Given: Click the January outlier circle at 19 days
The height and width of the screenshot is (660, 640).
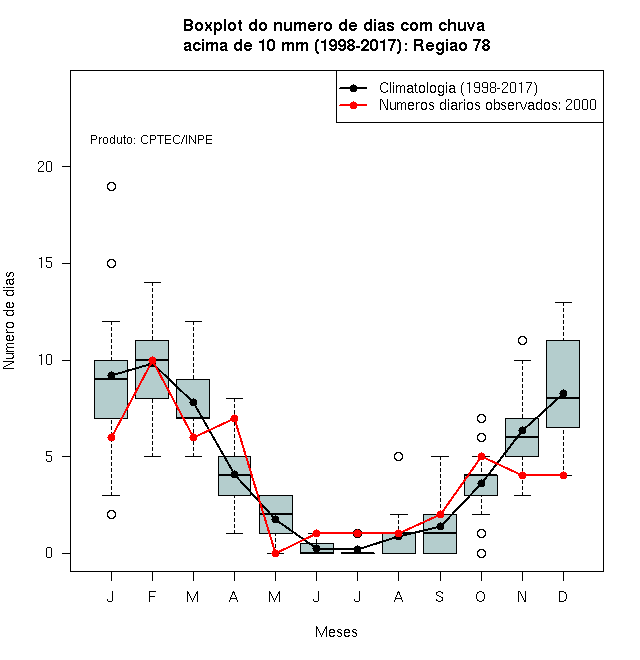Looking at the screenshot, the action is click(111, 186).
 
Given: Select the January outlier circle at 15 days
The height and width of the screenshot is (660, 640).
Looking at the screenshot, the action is click(111, 263).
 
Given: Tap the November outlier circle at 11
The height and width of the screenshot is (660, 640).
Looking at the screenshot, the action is click(522, 341).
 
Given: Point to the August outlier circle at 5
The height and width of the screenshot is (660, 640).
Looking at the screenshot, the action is click(398, 456).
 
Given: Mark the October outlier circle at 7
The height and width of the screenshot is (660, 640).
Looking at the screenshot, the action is click(481, 418).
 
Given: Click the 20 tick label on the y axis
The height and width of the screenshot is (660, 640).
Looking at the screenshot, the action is click(45, 167).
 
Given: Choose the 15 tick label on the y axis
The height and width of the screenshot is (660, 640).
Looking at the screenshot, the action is click(45, 263).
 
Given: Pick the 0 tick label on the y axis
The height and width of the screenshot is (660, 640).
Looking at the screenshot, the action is click(49, 553).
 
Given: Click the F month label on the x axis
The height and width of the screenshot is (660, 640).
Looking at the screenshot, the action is click(152, 596).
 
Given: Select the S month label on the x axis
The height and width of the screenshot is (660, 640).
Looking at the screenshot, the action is click(440, 596).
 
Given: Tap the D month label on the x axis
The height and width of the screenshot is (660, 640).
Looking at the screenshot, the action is click(563, 596).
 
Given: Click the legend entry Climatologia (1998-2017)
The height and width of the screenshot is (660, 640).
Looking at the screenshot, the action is click(458, 88).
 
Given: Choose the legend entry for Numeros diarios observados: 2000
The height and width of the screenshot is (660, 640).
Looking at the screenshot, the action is click(488, 105).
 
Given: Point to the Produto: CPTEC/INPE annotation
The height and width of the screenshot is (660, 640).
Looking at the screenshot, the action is click(151, 140).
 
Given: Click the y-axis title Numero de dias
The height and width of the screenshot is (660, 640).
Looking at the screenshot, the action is click(9, 321).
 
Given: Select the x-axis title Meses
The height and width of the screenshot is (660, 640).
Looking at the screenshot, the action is click(336, 632).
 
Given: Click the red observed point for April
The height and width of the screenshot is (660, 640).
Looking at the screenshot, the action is click(235, 418).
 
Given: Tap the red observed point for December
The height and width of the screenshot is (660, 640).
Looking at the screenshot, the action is click(563, 475).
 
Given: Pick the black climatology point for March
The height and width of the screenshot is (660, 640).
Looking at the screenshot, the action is click(193, 402).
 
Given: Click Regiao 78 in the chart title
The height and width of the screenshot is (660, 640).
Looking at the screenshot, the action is click(451, 45).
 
